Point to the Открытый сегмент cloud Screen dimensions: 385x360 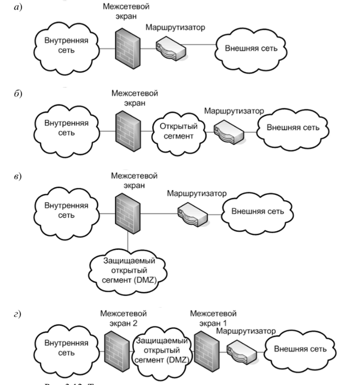click(174, 130)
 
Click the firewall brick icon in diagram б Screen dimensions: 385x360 click(125, 129)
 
